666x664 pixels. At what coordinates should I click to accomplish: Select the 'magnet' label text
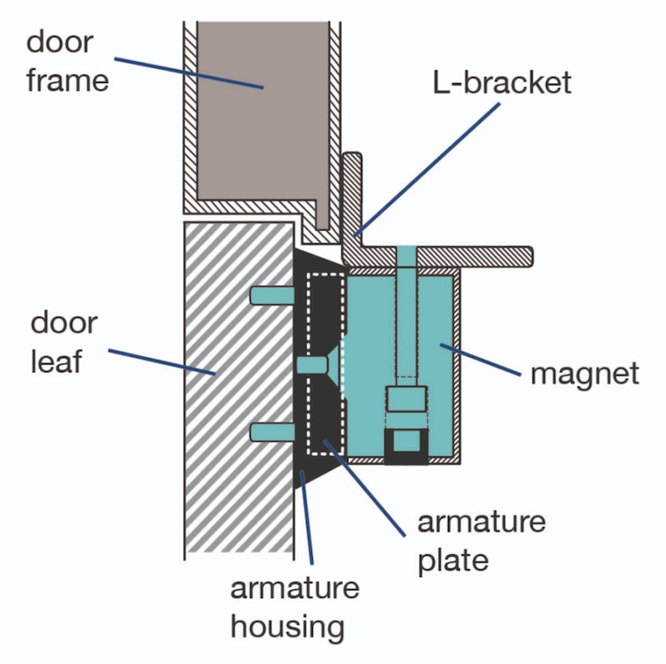pos(585,372)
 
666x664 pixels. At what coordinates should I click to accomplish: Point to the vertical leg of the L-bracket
pos(351,193)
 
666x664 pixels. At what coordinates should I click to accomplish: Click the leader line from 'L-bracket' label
pos(428,168)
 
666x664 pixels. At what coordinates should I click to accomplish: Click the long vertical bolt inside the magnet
pos(406,319)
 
